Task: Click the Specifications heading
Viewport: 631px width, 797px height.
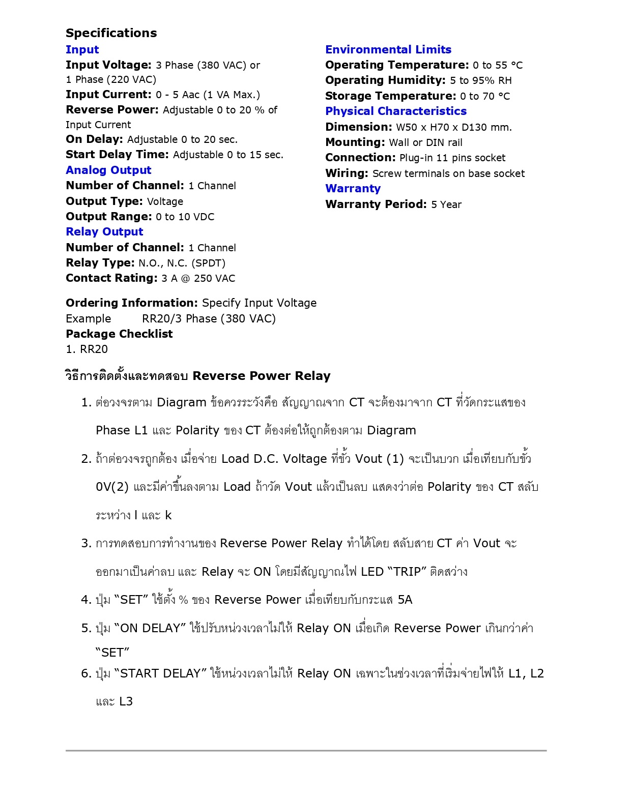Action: [111, 33]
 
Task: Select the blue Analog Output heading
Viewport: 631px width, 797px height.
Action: [108, 170]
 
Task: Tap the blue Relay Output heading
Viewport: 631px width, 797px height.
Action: [104, 231]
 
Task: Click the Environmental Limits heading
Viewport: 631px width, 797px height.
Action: [388, 49]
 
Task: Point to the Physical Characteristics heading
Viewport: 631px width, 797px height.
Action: [396, 111]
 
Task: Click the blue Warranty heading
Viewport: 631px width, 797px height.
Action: [353, 188]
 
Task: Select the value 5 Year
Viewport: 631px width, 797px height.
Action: [446, 204]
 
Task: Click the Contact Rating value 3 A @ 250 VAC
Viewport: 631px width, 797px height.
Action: [198, 278]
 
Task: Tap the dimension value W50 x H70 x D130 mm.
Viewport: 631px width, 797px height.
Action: [454, 127]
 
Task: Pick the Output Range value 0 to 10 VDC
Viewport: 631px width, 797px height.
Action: [185, 217]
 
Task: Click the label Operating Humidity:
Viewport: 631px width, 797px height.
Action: [386, 80]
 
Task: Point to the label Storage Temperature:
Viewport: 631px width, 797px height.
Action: [391, 96]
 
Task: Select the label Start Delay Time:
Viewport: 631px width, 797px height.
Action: [117, 155]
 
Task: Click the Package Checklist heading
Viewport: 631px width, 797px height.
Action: [119, 334]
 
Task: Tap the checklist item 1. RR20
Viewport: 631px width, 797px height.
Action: [87, 349]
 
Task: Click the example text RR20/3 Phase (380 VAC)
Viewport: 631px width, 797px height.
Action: [209, 318]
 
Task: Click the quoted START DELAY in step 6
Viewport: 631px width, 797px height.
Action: [160, 673]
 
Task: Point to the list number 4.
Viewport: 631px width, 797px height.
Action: [86, 600]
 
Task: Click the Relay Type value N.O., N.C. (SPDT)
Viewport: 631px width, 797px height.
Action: [182, 263]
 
